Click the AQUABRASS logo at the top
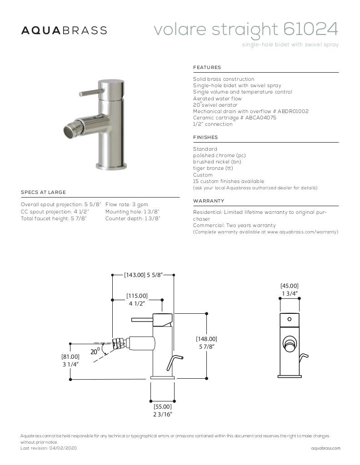64,30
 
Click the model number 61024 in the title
310,29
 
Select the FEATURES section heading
207,68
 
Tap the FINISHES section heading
205,138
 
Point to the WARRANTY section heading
209,201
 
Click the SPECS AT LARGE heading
43,193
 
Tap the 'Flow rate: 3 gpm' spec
126,205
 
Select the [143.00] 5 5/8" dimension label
143,275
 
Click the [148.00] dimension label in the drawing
206,339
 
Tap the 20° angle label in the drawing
95,351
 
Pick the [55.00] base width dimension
162,407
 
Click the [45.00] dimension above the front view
289,286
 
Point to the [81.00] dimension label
70,357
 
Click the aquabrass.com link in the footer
325,448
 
